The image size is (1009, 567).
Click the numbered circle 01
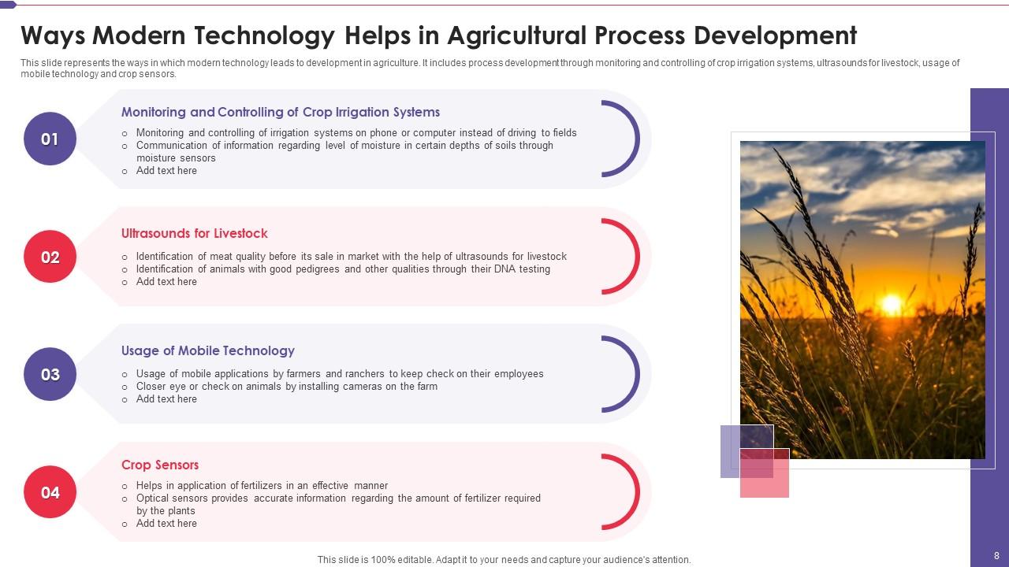50,139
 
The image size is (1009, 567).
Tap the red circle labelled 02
50,257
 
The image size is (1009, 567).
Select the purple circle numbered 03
50,374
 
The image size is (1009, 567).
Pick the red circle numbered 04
50,492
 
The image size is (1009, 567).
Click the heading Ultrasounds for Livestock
194,233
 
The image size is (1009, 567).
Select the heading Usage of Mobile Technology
207,350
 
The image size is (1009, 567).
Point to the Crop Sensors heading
159,465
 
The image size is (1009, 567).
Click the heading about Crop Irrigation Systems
280,112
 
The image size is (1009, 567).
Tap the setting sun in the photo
891,303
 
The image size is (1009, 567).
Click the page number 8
996,556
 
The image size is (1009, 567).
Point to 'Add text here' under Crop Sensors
166,523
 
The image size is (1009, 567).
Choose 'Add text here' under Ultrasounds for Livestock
166,281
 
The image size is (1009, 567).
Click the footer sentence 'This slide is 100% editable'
504,560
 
